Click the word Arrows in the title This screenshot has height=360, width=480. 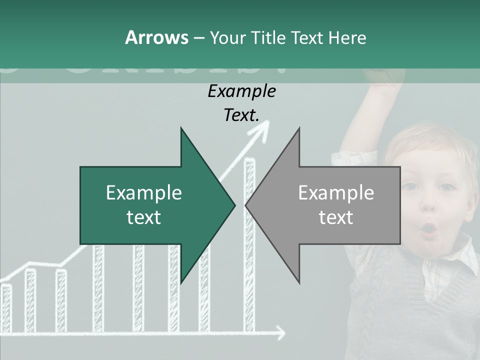[x=156, y=37]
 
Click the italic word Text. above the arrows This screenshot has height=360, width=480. [x=241, y=115]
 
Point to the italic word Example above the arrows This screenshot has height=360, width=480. [x=241, y=91]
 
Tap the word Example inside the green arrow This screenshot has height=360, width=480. [x=144, y=193]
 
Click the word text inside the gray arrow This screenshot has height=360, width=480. [x=336, y=217]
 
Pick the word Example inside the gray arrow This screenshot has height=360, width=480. [x=336, y=193]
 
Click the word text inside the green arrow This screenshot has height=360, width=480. [x=144, y=217]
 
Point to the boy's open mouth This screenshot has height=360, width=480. [x=429, y=229]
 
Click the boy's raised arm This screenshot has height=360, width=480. [x=380, y=110]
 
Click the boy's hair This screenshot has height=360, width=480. [x=425, y=145]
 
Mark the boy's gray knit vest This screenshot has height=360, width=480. [x=400, y=310]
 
